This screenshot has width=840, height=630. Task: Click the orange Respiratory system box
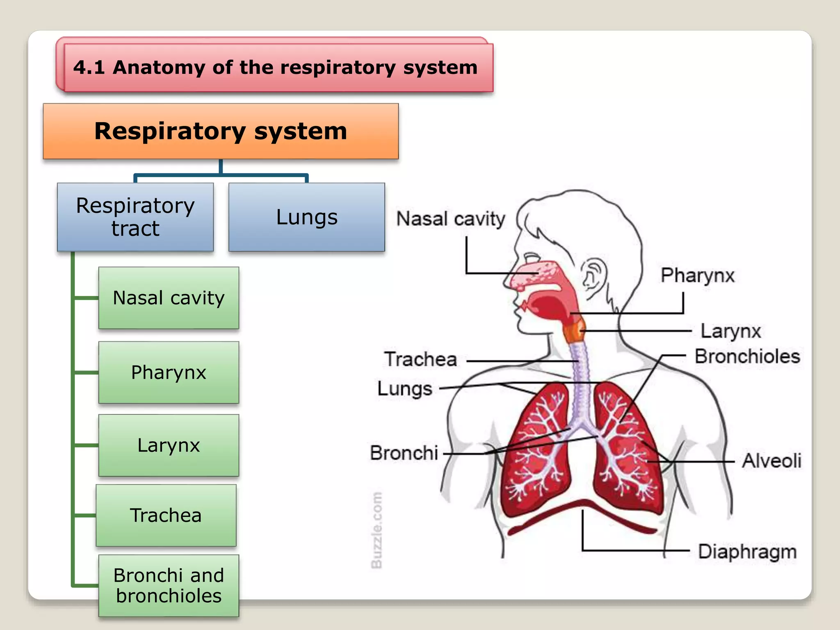(x=221, y=131)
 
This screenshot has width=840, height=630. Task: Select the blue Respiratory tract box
(x=135, y=217)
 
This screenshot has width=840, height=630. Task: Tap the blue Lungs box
(x=306, y=217)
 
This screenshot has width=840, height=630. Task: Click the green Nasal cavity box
(x=169, y=298)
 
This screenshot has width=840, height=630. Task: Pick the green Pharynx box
(x=169, y=372)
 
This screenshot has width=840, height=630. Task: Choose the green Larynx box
(x=169, y=445)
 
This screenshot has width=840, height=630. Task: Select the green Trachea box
(x=166, y=515)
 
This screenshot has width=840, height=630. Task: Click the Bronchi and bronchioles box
(x=169, y=585)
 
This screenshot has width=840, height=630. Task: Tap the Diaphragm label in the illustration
(x=747, y=552)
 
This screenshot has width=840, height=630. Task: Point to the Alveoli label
(x=771, y=461)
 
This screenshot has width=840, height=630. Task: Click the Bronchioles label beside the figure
(x=747, y=356)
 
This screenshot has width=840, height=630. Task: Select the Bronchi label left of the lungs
(x=404, y=453)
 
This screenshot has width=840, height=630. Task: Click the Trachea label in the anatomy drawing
(x=420, y=359)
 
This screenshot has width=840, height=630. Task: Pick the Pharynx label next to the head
(x=697, y=275)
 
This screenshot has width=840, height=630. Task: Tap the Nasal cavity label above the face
(x=450, y=219)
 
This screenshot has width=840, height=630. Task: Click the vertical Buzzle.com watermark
(x=376, y=530)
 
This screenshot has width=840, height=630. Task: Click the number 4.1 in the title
(x=89, y=67)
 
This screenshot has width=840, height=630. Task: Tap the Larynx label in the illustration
(x=730, y=331)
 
